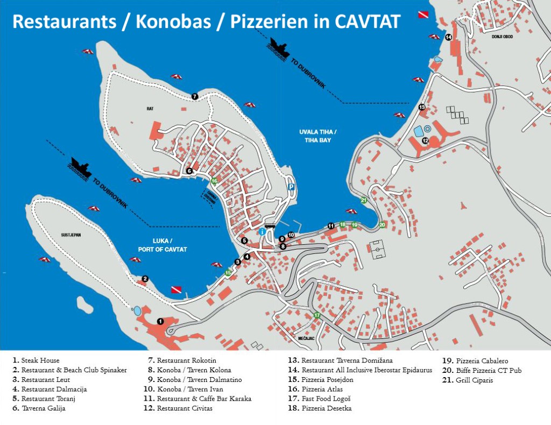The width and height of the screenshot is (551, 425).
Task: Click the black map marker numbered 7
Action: point(195,97)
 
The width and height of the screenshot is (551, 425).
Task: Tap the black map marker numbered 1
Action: point(160,321)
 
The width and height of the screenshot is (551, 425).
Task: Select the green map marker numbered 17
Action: point(317,315)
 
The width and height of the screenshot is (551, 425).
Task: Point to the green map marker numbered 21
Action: point(364,200)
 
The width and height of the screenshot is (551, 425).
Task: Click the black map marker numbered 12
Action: point(425,141)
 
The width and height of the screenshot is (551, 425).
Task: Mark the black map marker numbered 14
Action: point(449,37)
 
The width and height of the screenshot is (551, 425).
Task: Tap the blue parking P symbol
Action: point(291,187)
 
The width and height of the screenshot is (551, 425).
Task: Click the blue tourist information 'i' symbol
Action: point(262,231)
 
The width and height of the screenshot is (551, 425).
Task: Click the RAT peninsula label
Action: point(150,109)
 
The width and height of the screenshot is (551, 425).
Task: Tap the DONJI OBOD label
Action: point(502,37)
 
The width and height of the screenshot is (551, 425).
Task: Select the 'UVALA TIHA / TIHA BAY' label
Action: point(318,136)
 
